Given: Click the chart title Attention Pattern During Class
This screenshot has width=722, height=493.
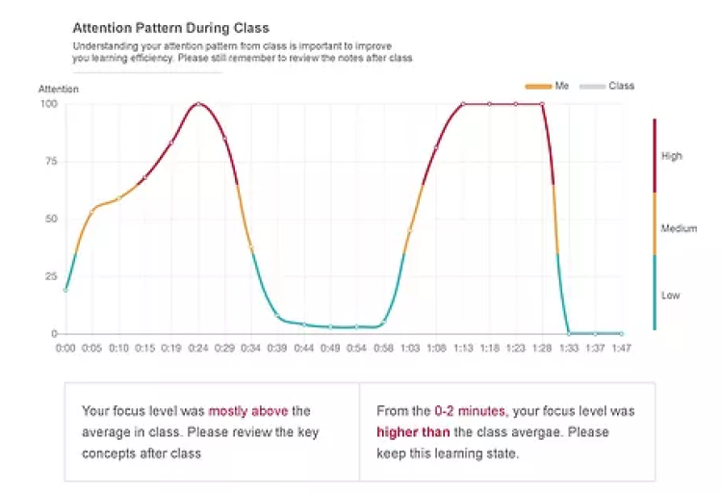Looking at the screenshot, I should pyautogui.click(x=171, y=28).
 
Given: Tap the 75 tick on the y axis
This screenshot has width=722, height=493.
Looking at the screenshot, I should pyautogui.click(x=50, y=161).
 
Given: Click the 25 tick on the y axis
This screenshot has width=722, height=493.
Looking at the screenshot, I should pyautogui.click(x=50, y=276).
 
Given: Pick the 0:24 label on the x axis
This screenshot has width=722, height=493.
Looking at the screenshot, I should pyautogui.click(x=198, y=347).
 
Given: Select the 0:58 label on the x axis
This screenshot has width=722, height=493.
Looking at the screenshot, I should pyautogui.click(x=383, y=347).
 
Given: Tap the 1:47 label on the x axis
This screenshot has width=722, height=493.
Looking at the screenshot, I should pyautogui.click(x=621, y=347).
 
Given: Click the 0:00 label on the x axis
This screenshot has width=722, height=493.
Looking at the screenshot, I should pyautogui.click(x=65, y=347).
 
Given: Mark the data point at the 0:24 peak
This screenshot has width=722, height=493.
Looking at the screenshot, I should pyautogui.click(x=198, y=103).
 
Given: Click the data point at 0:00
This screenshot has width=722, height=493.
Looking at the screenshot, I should pyautogui.click(x=65, y=289).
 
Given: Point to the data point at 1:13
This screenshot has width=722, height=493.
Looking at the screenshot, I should pyautogui.click(x=462, y=103).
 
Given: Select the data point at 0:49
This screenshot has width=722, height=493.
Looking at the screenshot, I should pyautogui.click(x=330, y=327).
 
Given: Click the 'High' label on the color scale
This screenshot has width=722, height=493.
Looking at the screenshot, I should pyautogui.click(x=671, y=156).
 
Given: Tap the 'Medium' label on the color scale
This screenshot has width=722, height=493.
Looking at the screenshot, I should pyautogui.click(x=679, y=229).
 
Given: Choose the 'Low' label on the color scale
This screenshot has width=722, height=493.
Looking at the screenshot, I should pyautogui.click(x=670, y=296).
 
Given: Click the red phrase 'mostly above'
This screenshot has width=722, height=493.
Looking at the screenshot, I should pyautogui.click(x=247, y=411).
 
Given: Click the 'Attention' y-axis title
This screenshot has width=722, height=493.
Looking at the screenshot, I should pyautogui.click(x=59, y=89).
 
